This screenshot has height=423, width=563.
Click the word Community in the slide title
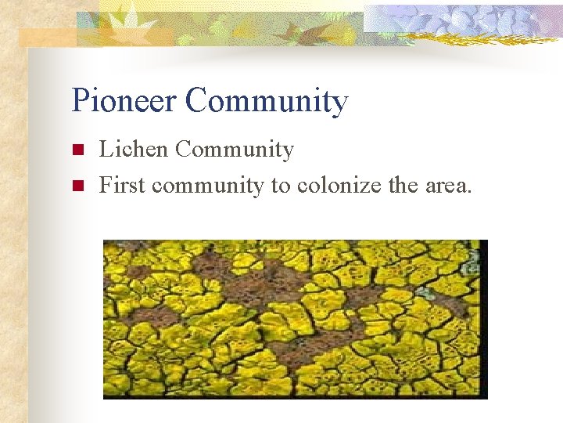[x=267, y=102]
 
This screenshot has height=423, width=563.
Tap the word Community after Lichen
[x=234, y=150]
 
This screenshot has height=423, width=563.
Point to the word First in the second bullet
[x=122, y=185]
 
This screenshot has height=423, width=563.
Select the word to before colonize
[x=281, y=186]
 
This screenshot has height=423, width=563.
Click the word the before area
[x=404, y=186]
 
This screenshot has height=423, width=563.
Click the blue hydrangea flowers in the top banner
[x=469, y=20]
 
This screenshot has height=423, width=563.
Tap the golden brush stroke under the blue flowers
[x=485, y=39]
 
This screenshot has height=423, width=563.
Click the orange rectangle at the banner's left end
[x=47, y=37]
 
